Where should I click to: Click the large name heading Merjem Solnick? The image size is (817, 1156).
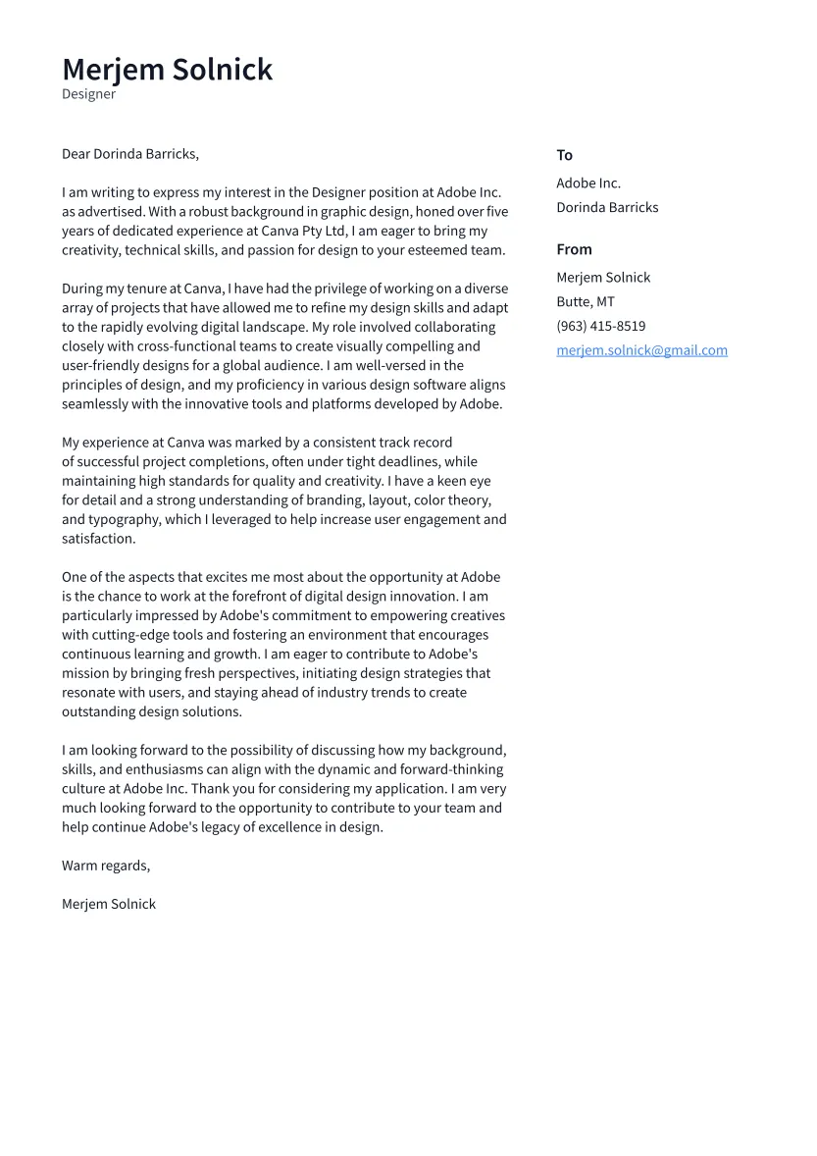click(167, 70)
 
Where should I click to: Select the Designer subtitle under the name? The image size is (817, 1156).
click(88, 94)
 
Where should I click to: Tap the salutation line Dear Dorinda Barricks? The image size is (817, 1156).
click(129, 154)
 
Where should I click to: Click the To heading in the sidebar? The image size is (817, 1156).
click(564, 155)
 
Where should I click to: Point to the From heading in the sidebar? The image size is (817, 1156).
click(574, 249)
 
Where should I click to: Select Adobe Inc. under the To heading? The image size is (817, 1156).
click(588, 183)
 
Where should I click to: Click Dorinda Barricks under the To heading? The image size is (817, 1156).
click(607, 207)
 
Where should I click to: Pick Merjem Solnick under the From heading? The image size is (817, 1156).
click(603, 277)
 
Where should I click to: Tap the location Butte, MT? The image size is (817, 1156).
click(586, 301)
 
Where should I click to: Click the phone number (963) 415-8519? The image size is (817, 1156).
click(600, 326)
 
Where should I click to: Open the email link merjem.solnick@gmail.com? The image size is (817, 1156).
click(641, 350)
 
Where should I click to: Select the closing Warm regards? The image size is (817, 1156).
click(106, 866)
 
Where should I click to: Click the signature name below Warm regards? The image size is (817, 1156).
click(109, 904)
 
